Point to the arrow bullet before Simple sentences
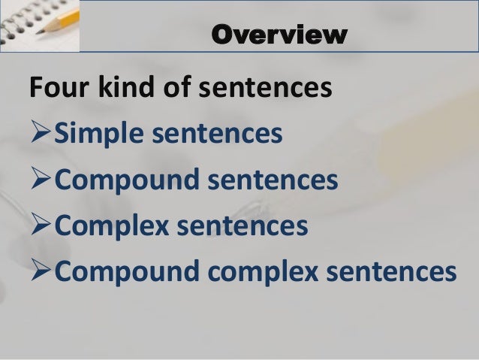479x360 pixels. (x=42, y=136)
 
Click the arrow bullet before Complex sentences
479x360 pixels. (x=42, y=225)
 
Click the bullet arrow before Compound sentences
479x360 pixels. (x=42, y=181)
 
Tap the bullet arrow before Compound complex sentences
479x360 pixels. (x=42, y=270)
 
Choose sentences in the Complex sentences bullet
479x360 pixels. (x=246, y=225)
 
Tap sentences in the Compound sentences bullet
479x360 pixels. (x=271, y=181)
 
